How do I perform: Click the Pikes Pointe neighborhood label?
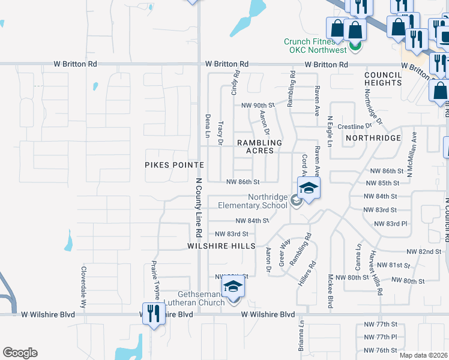pyautogui.click(x=175, y=164)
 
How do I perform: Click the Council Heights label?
pyautogui.click(x=382, y=79)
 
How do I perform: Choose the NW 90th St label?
pyautogui.click(x=258, y=105)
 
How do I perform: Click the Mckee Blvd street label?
pyautogui.click(x=330, y=292)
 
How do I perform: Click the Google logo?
pyautogui.click(x=20, y=353)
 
